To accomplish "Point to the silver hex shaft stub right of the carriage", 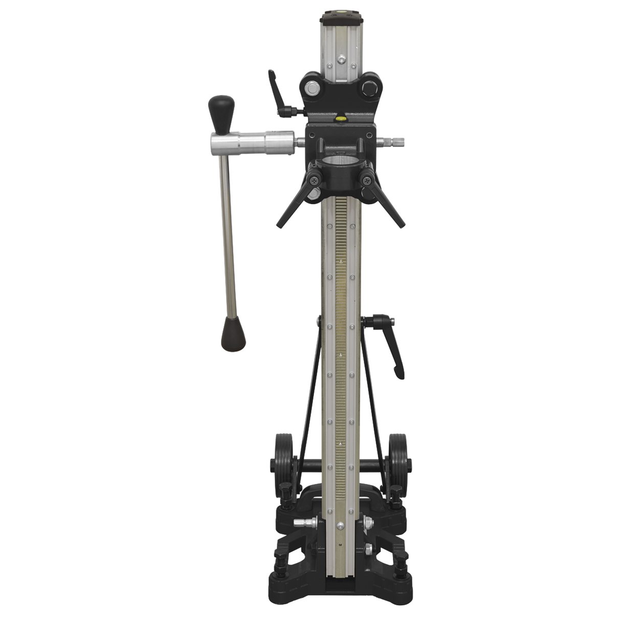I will pyautogui.click(x=396, y=140).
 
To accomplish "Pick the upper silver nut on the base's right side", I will pyautogui.click(x=367, y=523).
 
